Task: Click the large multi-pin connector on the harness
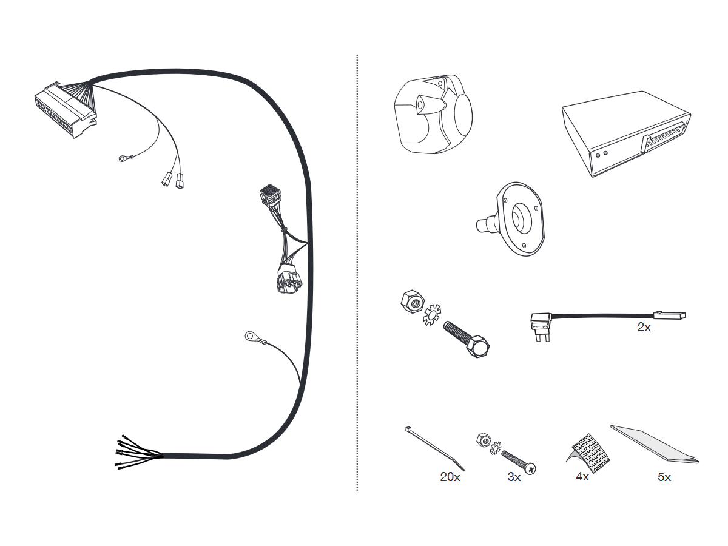pyautogui.click(x=66, y=110)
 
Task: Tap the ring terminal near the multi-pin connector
pyautogui.click(x=123, y=159)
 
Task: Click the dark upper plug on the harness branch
pyautogui.click(x=269, y=196)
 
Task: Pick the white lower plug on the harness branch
pyautogui.click(x=289, y=281)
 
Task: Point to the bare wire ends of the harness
pyautogui.click(x=138, y=451)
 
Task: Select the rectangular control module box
pyautogui.click(x=626, y=133)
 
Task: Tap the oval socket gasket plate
pyautogui.click(x=521, y=218)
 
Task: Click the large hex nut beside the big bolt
pyautogui.click(x=413, y=302)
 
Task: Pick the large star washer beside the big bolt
pyautogui.click(x=431, y=314)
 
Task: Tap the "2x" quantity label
pyautogui.click(x=644, y=327)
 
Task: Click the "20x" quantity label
pyautogui.click(x=450, y=477)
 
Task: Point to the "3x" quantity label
pyautogui.click(x=514, y=477)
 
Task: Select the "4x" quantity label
pyautogui.click(x=582, y=477)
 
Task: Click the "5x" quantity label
pyautogui.click(x=664, y=477)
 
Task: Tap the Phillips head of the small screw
pyautogui.click(x=531, y=468)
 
